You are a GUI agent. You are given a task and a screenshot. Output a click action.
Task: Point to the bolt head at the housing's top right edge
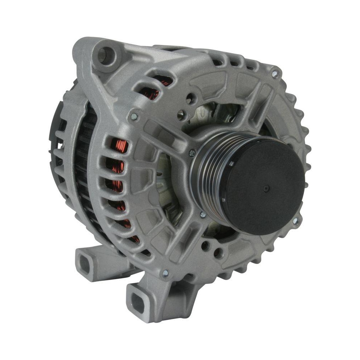coord(275,74)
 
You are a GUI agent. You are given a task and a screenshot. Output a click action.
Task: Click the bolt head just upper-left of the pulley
coord(192,153)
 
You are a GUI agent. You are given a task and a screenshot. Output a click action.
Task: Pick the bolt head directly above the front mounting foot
coord(165,273)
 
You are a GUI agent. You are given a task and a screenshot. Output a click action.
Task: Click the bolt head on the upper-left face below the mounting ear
coord(134,116)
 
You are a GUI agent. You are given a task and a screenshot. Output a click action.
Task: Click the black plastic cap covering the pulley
coord(263,184)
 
